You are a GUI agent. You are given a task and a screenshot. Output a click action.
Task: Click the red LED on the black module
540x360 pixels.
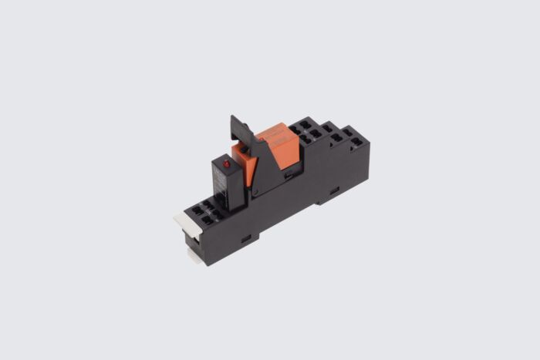click(x=227, y=165)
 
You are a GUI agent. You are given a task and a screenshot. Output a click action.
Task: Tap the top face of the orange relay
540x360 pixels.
click(x=276, y=133)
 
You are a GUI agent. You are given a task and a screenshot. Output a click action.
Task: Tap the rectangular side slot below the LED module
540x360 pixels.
click(x=246, y=239)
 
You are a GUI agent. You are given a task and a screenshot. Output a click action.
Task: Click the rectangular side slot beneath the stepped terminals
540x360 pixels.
click(x=334, y=190)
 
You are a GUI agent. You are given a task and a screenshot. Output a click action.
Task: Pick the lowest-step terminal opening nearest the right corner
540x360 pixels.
click(x=357, y=143)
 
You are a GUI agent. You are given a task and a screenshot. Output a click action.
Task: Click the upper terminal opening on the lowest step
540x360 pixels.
click(x=348, y=133)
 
